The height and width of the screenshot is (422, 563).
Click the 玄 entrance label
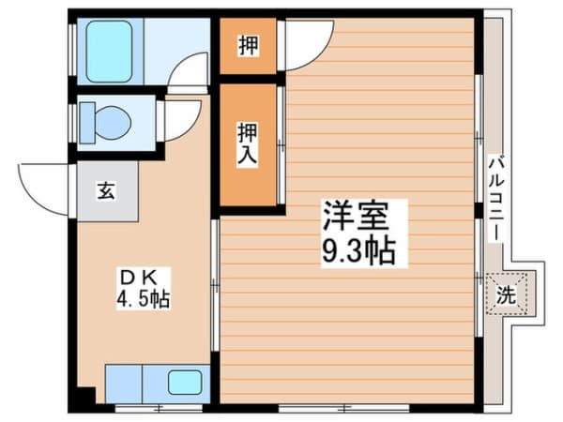coord(106,191)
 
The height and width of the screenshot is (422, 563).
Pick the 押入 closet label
coord(246,143)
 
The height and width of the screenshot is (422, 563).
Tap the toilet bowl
coord(113,122)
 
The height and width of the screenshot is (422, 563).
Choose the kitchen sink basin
coord(185,383)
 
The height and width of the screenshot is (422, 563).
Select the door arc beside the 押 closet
coord(308,45)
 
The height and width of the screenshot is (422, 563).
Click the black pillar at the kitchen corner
coord(86,397)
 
